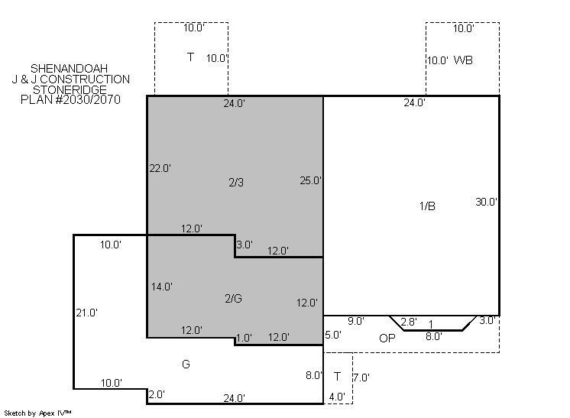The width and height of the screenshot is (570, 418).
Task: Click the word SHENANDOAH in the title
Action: (69, 68)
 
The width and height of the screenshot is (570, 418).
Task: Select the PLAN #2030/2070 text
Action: (70, 99)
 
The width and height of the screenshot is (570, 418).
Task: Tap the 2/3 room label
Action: (236, 183)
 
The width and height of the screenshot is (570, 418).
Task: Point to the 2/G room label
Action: (233, 299)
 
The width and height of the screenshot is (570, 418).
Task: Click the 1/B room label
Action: (427, 206)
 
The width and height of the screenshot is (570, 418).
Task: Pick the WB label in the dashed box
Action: (463, 60)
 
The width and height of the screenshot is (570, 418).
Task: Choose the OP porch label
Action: (387, 339)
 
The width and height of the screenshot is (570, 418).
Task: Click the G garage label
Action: (186, 365)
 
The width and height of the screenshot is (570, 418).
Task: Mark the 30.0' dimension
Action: (487, 202)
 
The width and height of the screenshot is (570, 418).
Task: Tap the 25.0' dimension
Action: (311, 180)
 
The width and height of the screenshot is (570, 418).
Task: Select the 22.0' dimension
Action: (160, 169)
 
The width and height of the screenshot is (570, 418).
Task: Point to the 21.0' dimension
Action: (87, 313)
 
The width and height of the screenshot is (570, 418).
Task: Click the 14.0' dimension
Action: (162, 287)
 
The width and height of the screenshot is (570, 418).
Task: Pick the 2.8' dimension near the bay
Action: (409, 322)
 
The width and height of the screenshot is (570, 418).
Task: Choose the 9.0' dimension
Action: (356, 321)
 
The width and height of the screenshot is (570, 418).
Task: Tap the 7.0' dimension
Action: (361, 378)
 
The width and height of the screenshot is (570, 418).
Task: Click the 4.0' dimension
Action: (337, 397)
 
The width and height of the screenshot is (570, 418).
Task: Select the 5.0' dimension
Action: (333, 335)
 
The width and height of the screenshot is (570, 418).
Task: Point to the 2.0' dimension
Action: (157, 395)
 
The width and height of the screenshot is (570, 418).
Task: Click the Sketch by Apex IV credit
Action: (37, 413)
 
